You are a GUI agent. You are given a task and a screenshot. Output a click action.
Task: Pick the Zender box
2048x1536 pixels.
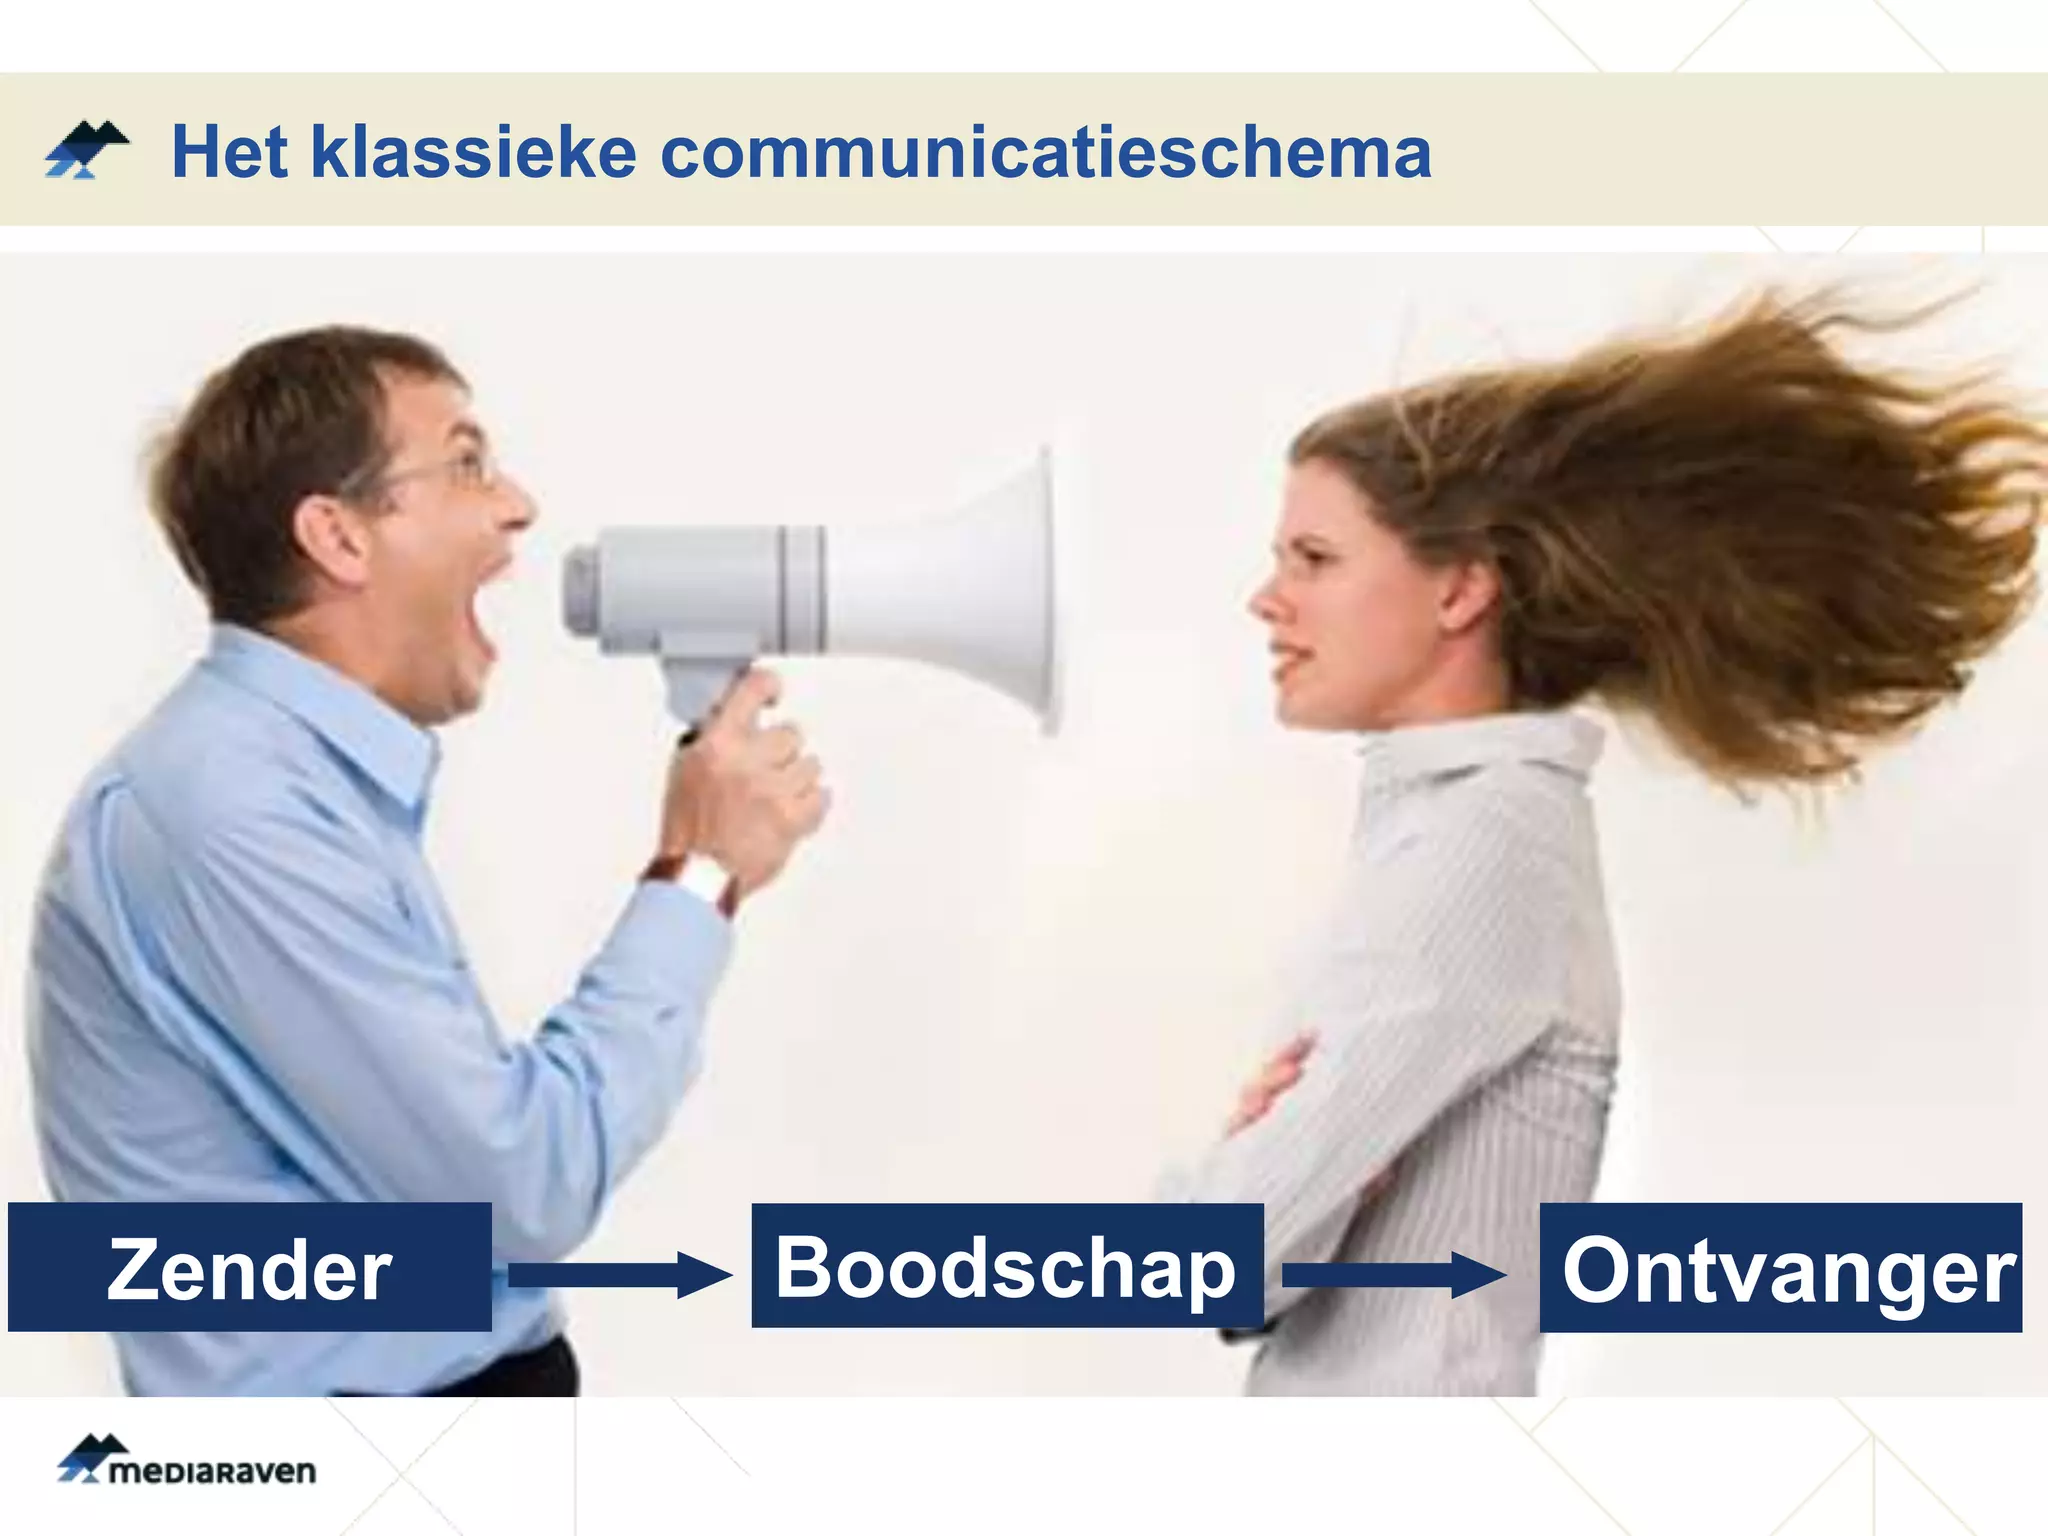click(249, 1267)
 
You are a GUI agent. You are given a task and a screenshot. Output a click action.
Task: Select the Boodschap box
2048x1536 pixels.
click(1006, 1266)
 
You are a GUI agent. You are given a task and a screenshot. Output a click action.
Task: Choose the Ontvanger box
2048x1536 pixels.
click(1780, 1268)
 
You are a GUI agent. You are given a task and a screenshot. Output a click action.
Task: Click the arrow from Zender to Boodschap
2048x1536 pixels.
click(620, 1275)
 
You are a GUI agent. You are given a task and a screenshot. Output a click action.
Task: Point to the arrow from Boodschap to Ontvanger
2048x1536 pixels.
click(1394, 1275)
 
